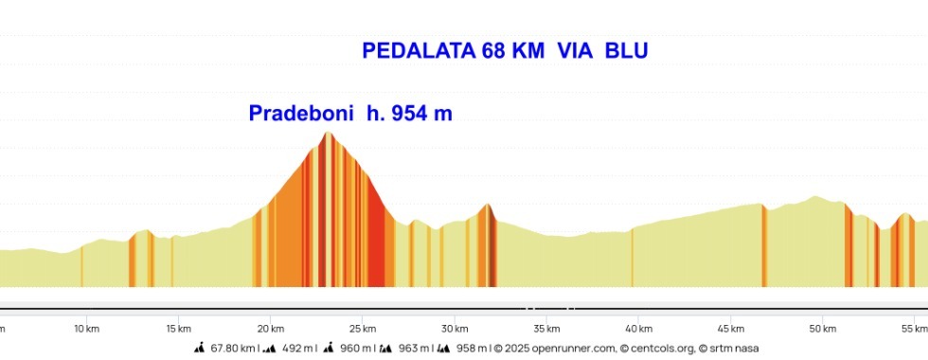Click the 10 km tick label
[x=86, y=329]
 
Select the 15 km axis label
[x=178, y=329]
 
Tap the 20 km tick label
[x=270, y=329]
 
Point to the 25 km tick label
[x=362, y=329]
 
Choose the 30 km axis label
[x=455, y=329]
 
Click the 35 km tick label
[x=546, y=329]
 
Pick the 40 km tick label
[x=638, y=329]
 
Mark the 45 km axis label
[x=730, y=329]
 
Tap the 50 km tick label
[x=822, y=329]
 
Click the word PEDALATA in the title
[x=418, y=51]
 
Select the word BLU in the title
[x=626, y=51]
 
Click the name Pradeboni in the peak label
[x=301, y=114]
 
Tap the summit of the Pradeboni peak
[x=328, y=133]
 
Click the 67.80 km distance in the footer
[x=233, y=349]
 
